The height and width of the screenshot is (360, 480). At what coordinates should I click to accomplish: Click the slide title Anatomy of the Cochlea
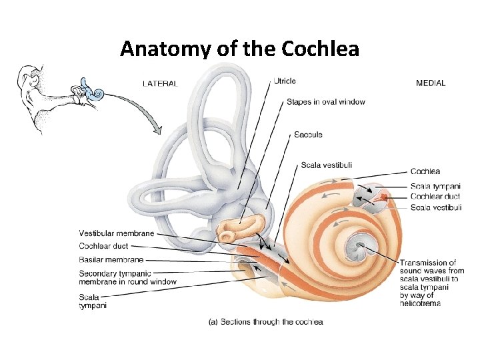[x=239, y=49]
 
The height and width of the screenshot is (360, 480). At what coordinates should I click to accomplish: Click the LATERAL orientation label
[x=160, y=83]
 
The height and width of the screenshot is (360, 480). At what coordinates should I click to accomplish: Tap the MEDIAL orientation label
[x=431, y=83]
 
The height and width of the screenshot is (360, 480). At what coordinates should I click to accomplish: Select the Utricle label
[x=285, y=81]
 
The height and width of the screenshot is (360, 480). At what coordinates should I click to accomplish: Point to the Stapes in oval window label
[x=326, y=102]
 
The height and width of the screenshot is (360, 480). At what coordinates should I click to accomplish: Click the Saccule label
[x=308, y=135]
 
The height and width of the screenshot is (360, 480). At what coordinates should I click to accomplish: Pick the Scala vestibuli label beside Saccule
[x=327, y=165]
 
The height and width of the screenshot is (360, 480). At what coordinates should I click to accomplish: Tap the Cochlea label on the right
[x=425, y=172]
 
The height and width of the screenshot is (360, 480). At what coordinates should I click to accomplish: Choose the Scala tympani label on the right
[x=435, y=186]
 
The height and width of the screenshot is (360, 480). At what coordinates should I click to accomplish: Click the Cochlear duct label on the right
[x=435, y=197]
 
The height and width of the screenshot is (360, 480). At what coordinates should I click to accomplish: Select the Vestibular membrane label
[x=116, y=233]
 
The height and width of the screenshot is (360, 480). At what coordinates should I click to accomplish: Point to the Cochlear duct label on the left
[x=103, y=247]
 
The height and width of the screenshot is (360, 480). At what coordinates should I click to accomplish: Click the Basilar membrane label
[x=111, y=260]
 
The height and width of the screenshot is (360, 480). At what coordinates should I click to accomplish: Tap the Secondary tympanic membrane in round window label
[x=127, y=277]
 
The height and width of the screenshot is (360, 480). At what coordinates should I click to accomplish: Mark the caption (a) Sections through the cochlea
[x=266, y=322]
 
